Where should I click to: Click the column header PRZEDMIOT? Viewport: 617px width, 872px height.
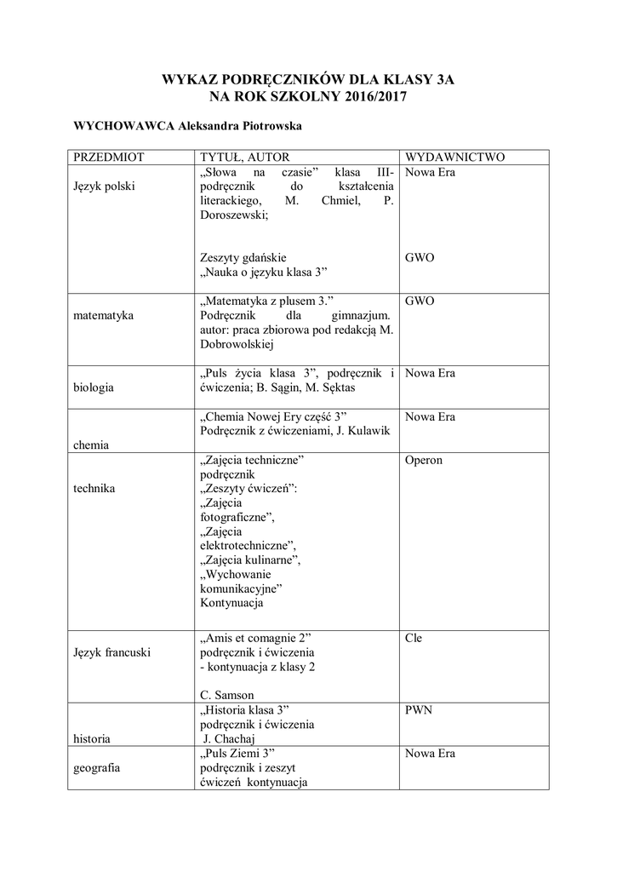109,158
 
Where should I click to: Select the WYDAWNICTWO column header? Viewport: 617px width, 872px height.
455,158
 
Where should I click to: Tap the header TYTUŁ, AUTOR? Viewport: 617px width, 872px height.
244,158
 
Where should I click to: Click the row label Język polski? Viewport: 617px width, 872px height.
104,186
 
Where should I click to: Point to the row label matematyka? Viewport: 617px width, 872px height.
103,315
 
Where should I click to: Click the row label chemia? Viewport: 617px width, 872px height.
91,445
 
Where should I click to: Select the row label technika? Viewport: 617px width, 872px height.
94,489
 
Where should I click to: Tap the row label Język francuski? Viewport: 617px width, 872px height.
112,652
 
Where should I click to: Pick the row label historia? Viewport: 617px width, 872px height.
93,739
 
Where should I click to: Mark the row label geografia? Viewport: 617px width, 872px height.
96,768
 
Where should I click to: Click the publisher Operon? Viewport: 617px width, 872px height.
424,460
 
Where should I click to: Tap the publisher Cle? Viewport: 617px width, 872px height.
414,638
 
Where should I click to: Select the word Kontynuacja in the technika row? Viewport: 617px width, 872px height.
231,603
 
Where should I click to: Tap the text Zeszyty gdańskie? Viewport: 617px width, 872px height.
243,257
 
